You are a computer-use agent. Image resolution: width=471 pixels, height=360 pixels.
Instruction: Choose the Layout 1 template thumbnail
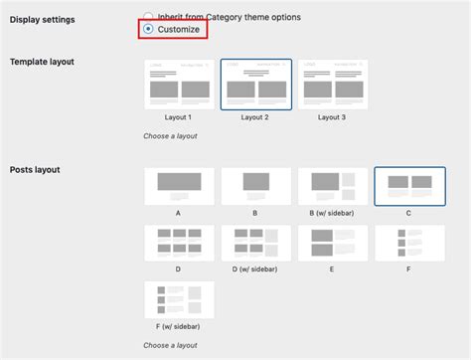(179, 84)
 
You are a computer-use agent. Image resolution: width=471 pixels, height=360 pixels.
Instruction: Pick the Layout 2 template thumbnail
(255, 84)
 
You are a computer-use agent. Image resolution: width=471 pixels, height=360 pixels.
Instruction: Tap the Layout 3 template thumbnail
(332, 84)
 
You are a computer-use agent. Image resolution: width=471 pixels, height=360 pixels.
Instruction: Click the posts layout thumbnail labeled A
(179, 185)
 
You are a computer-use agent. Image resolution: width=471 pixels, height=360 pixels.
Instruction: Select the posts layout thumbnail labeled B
(255, 185)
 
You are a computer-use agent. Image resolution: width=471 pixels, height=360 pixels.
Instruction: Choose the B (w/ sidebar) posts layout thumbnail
(332, 185)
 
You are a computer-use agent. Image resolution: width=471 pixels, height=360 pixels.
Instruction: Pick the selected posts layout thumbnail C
(409, 185)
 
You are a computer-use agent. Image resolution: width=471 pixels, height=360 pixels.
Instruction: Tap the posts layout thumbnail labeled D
(179, 242)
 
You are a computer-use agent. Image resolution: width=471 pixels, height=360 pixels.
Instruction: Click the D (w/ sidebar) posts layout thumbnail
(255, 242)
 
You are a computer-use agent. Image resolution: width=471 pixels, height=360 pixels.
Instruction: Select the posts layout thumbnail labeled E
(332, 242)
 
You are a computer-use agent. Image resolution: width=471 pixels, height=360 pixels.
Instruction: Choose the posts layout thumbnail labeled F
(409, 242)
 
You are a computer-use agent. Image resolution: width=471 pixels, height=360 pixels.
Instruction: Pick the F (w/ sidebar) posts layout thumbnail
(179, 299)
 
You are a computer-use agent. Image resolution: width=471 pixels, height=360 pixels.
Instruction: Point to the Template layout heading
(42, 62)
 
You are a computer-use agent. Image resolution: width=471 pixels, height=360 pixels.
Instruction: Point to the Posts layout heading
(35, 170)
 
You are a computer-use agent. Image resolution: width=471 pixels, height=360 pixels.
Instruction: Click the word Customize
(179, 30)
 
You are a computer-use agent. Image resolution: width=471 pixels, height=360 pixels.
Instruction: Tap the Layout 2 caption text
(255, 117)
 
